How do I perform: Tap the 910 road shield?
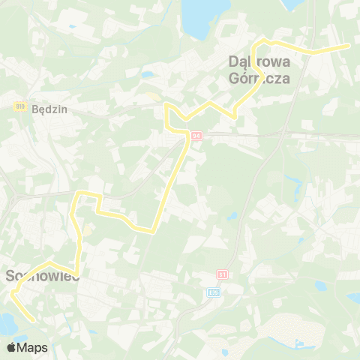coord(19,106)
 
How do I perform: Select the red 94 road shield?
coord(196,136)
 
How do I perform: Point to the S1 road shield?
coord(222,274)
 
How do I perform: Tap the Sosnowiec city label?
coord(42,276)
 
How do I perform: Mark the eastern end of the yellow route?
coord(348,46)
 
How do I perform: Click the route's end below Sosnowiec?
coord(34,319)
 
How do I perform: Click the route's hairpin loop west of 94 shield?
coord(168,111)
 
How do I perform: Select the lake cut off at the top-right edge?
coord(295,3)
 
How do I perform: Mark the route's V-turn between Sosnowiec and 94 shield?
coord(154,231)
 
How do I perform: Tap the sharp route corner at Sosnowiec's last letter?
coord(77,272)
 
